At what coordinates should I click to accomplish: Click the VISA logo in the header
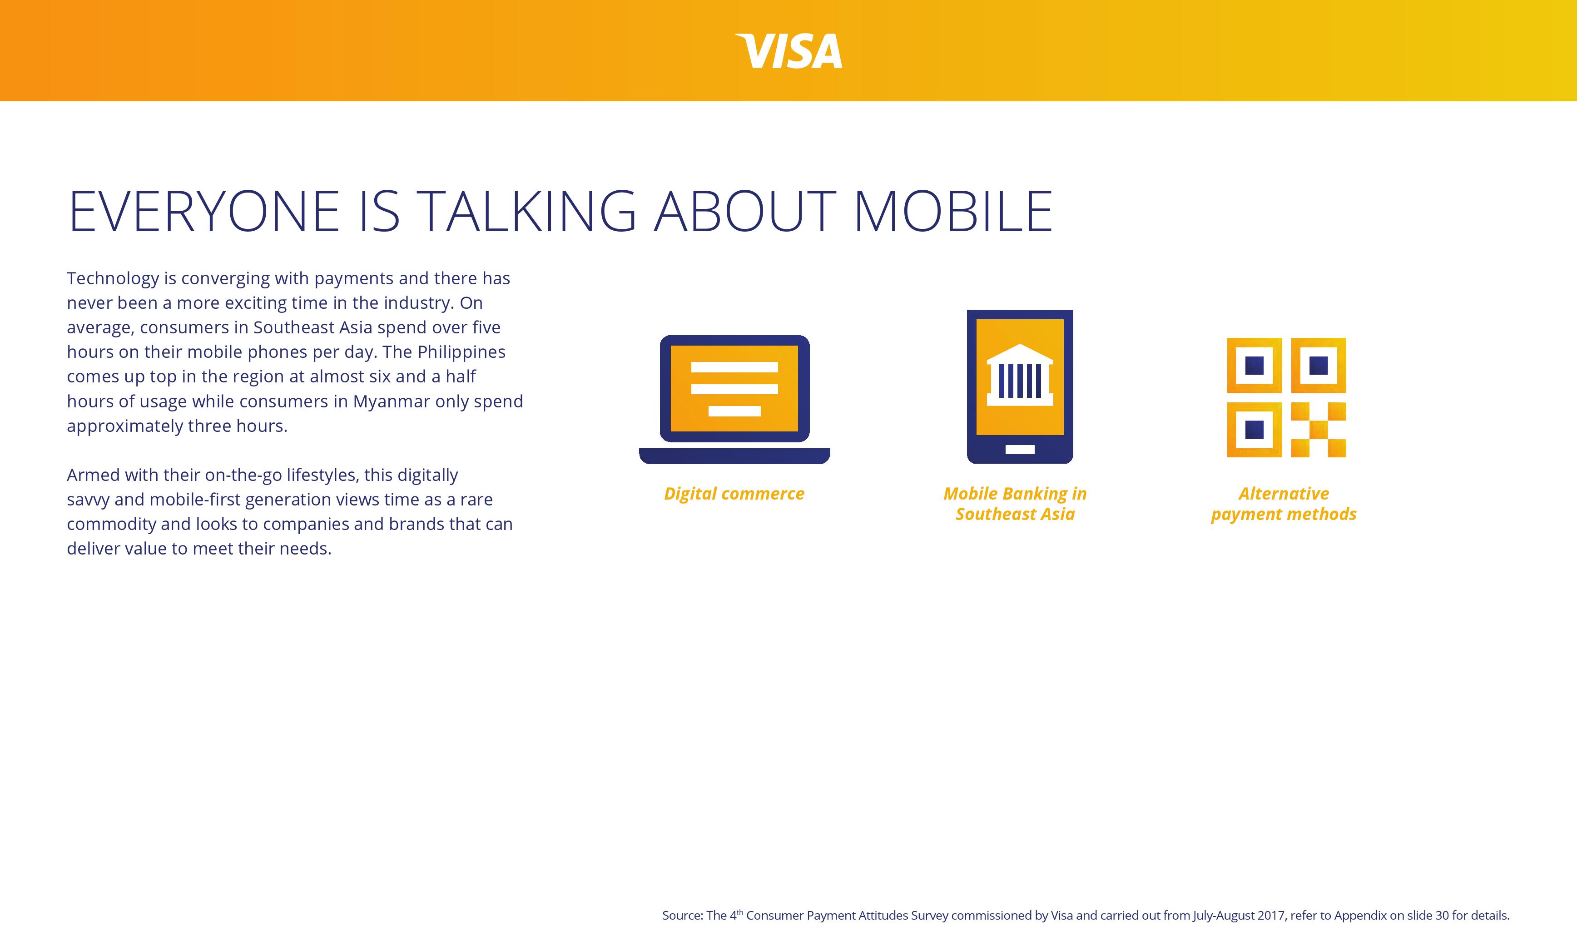(x=789, y=51)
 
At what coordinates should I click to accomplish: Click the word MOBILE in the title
(x=952, y=211)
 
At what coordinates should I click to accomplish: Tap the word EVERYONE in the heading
(x=204, y=211)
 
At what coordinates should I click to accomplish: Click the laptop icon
(x=734, y=398)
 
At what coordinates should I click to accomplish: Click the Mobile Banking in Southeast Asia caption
(x=1015, y=504)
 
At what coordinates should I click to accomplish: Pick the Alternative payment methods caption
(x=1283, y=504)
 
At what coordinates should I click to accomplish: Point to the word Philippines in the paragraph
(x=461, y=352)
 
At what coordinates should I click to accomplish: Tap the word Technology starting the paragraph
(x=113, y=278)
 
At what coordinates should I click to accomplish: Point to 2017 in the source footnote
(x=1270, y=916)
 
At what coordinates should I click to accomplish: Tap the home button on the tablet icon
(x=1020, y=450)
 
